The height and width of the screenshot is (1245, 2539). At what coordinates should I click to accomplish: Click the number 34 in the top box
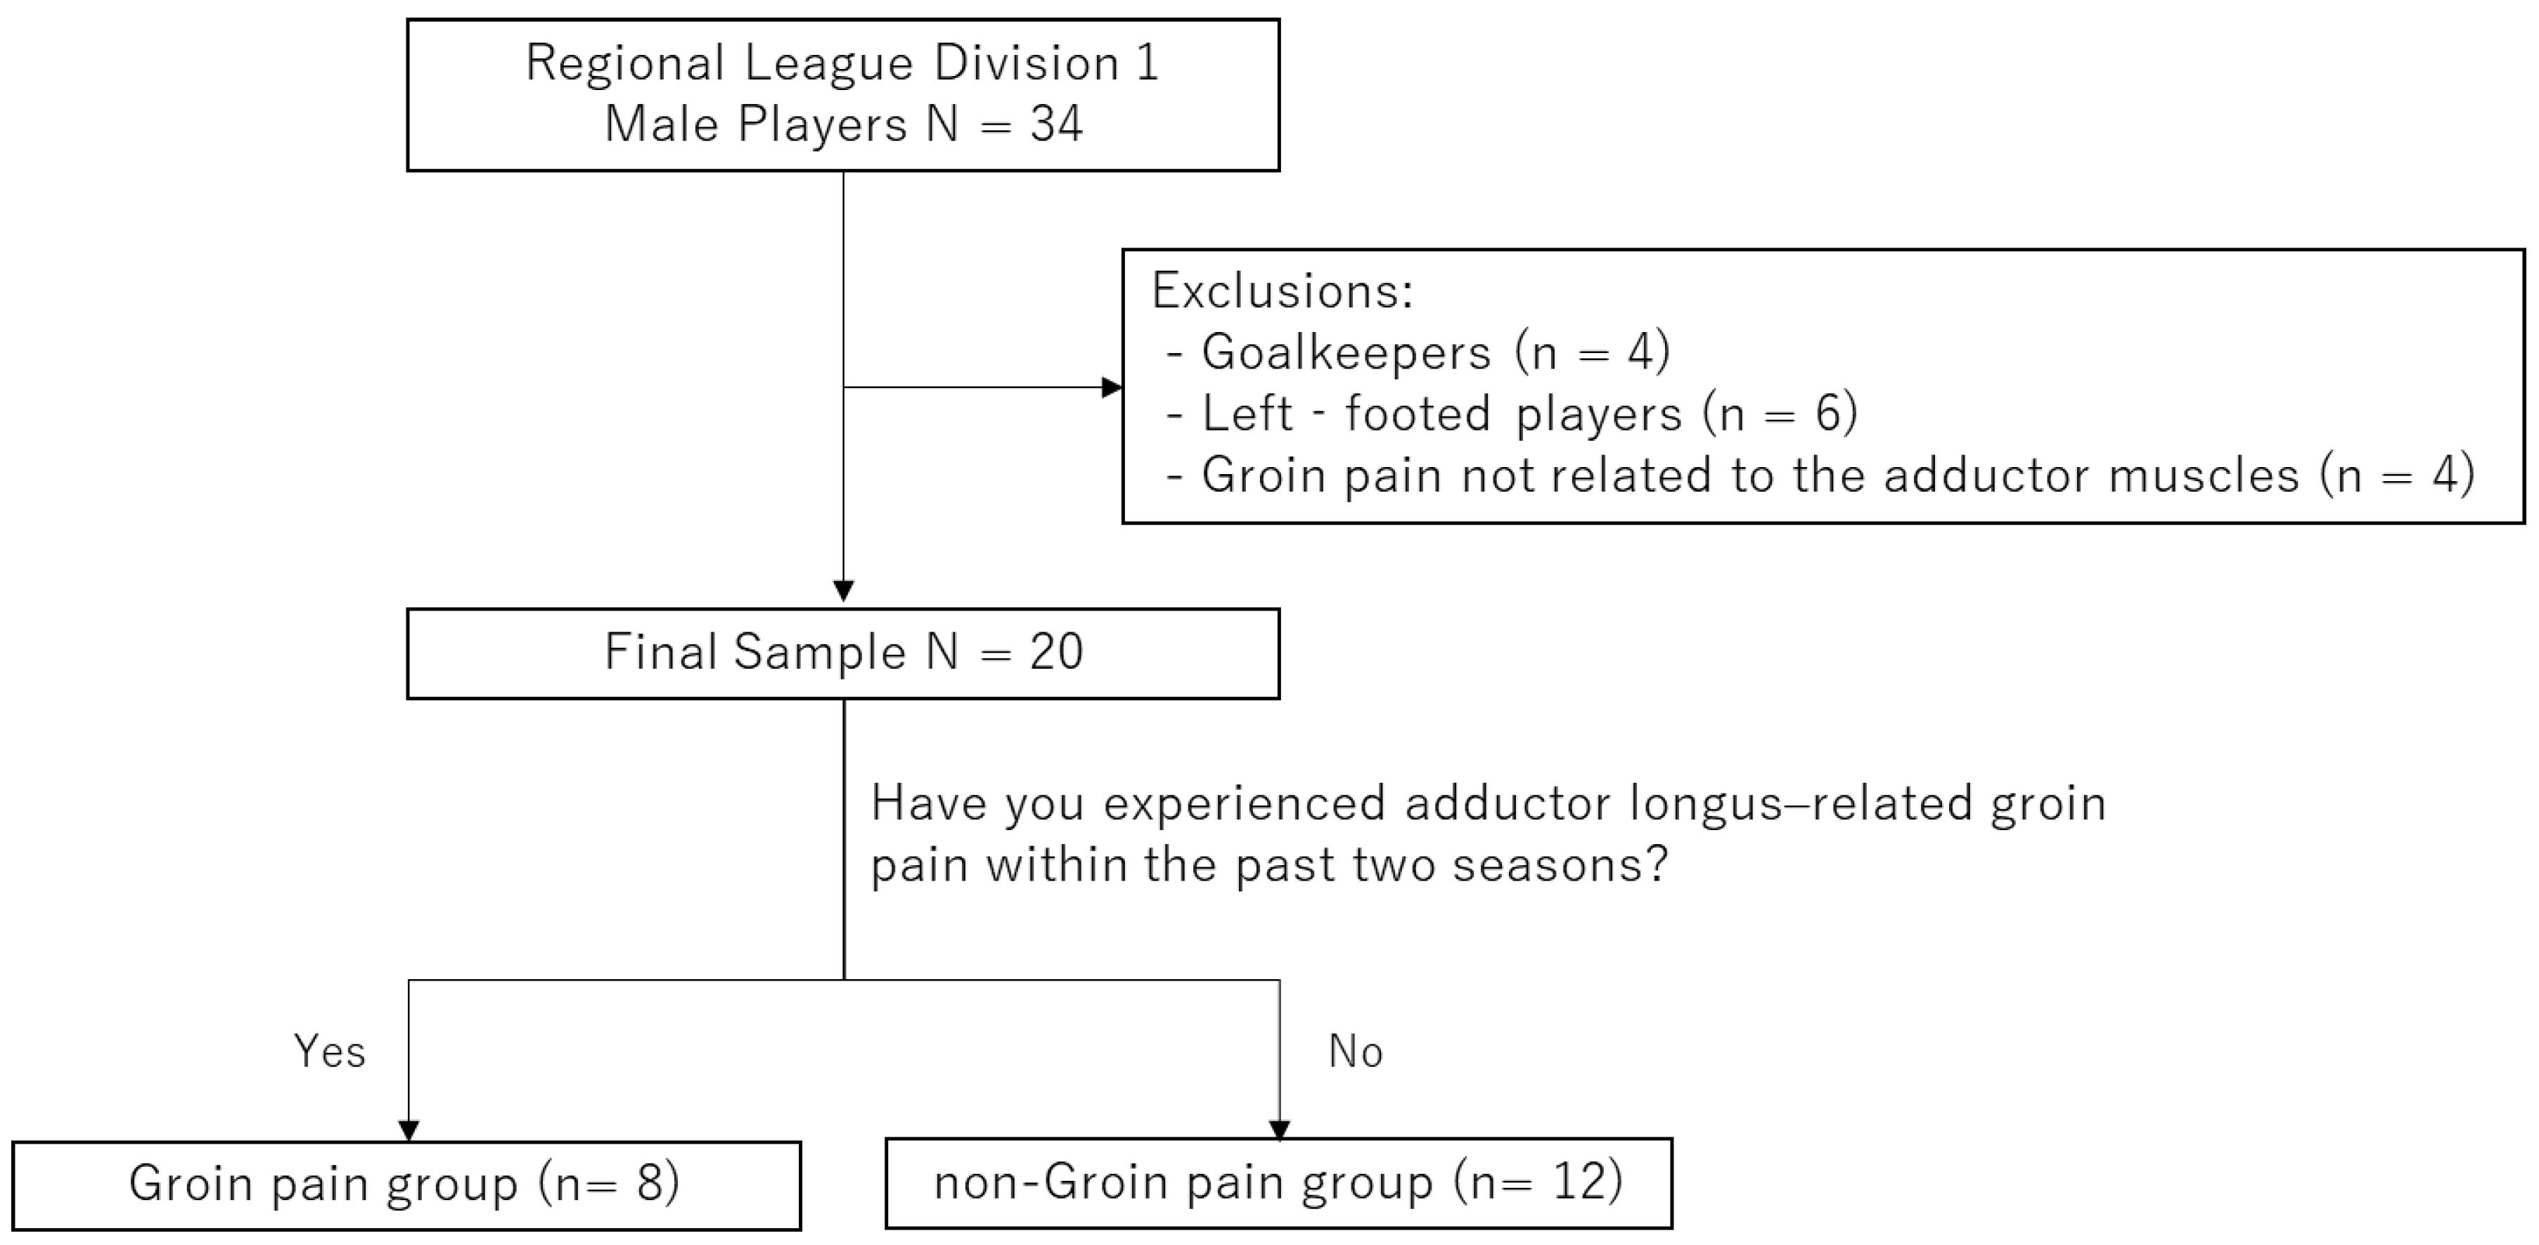point(1057,125)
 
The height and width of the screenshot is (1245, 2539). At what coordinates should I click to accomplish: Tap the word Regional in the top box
point(625,64)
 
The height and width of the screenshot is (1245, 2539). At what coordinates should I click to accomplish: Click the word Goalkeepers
point(1345,353)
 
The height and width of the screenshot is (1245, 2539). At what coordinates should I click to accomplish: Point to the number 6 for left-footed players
point(1827,414)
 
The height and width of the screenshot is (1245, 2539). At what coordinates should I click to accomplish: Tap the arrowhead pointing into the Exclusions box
point(1112,388)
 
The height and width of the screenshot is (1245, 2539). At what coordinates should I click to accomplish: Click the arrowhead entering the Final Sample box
point(844,590)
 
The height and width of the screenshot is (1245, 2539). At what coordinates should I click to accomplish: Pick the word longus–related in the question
point(1800,803)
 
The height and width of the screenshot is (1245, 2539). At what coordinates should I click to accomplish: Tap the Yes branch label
point(329,1052)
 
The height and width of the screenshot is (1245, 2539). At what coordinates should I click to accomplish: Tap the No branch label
point(1355,1052)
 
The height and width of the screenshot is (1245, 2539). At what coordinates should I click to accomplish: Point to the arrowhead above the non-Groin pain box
point(1280,1130)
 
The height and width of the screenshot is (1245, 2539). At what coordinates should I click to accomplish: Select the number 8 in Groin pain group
point(653,1183)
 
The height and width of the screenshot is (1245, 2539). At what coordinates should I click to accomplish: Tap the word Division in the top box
point(1026,64)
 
